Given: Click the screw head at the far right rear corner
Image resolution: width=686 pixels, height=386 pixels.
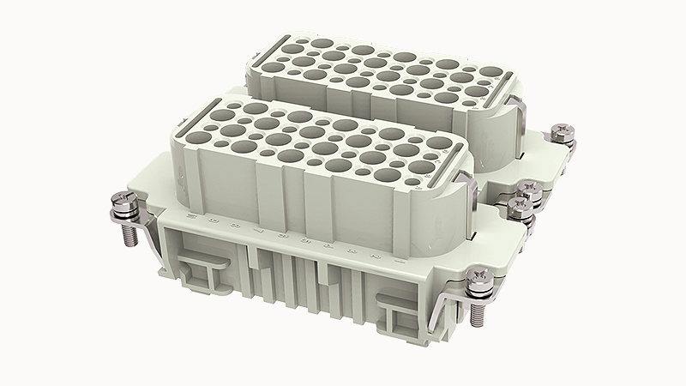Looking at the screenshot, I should tap(564, 134).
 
